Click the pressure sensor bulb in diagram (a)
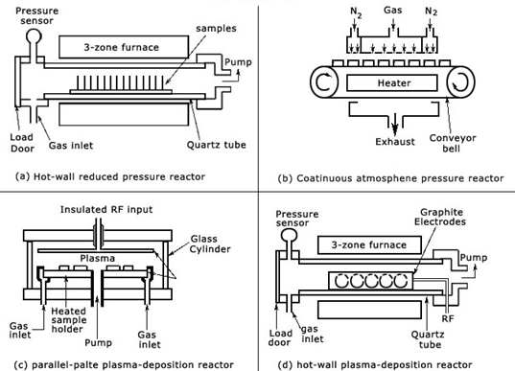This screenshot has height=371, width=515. tap(35, 36)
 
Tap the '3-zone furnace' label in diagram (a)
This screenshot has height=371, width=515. tap(121, 47)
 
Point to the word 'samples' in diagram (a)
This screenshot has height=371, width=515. tap(216, 29)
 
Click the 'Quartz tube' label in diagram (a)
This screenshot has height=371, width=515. tap(216, 145)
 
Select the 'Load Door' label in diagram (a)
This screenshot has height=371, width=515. tap(22, 143)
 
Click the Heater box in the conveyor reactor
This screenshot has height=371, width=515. tap(392, 82)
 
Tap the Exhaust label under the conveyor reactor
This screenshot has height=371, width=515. tap(395, 142)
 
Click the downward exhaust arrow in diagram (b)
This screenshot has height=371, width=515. tap(395, 123)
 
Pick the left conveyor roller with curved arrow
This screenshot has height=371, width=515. tap(325, 82)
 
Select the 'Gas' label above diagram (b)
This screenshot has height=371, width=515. tap(393, 11)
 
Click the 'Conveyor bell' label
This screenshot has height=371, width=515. tap(453, 143)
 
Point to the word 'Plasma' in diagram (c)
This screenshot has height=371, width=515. tap(98, 258)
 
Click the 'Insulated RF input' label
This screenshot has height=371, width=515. tap(106, 210)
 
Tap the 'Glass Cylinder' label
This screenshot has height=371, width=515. tap(210, 243)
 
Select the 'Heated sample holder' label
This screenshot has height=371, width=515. tap(69, 320)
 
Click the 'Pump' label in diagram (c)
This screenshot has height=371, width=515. tap(98, 343)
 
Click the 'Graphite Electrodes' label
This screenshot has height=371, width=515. tap(440, 217)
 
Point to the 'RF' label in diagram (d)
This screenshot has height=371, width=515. tap(448, 318)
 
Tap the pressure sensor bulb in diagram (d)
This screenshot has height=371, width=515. tap(290, 236)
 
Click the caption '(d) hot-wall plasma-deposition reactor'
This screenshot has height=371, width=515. tap(375, 364)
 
